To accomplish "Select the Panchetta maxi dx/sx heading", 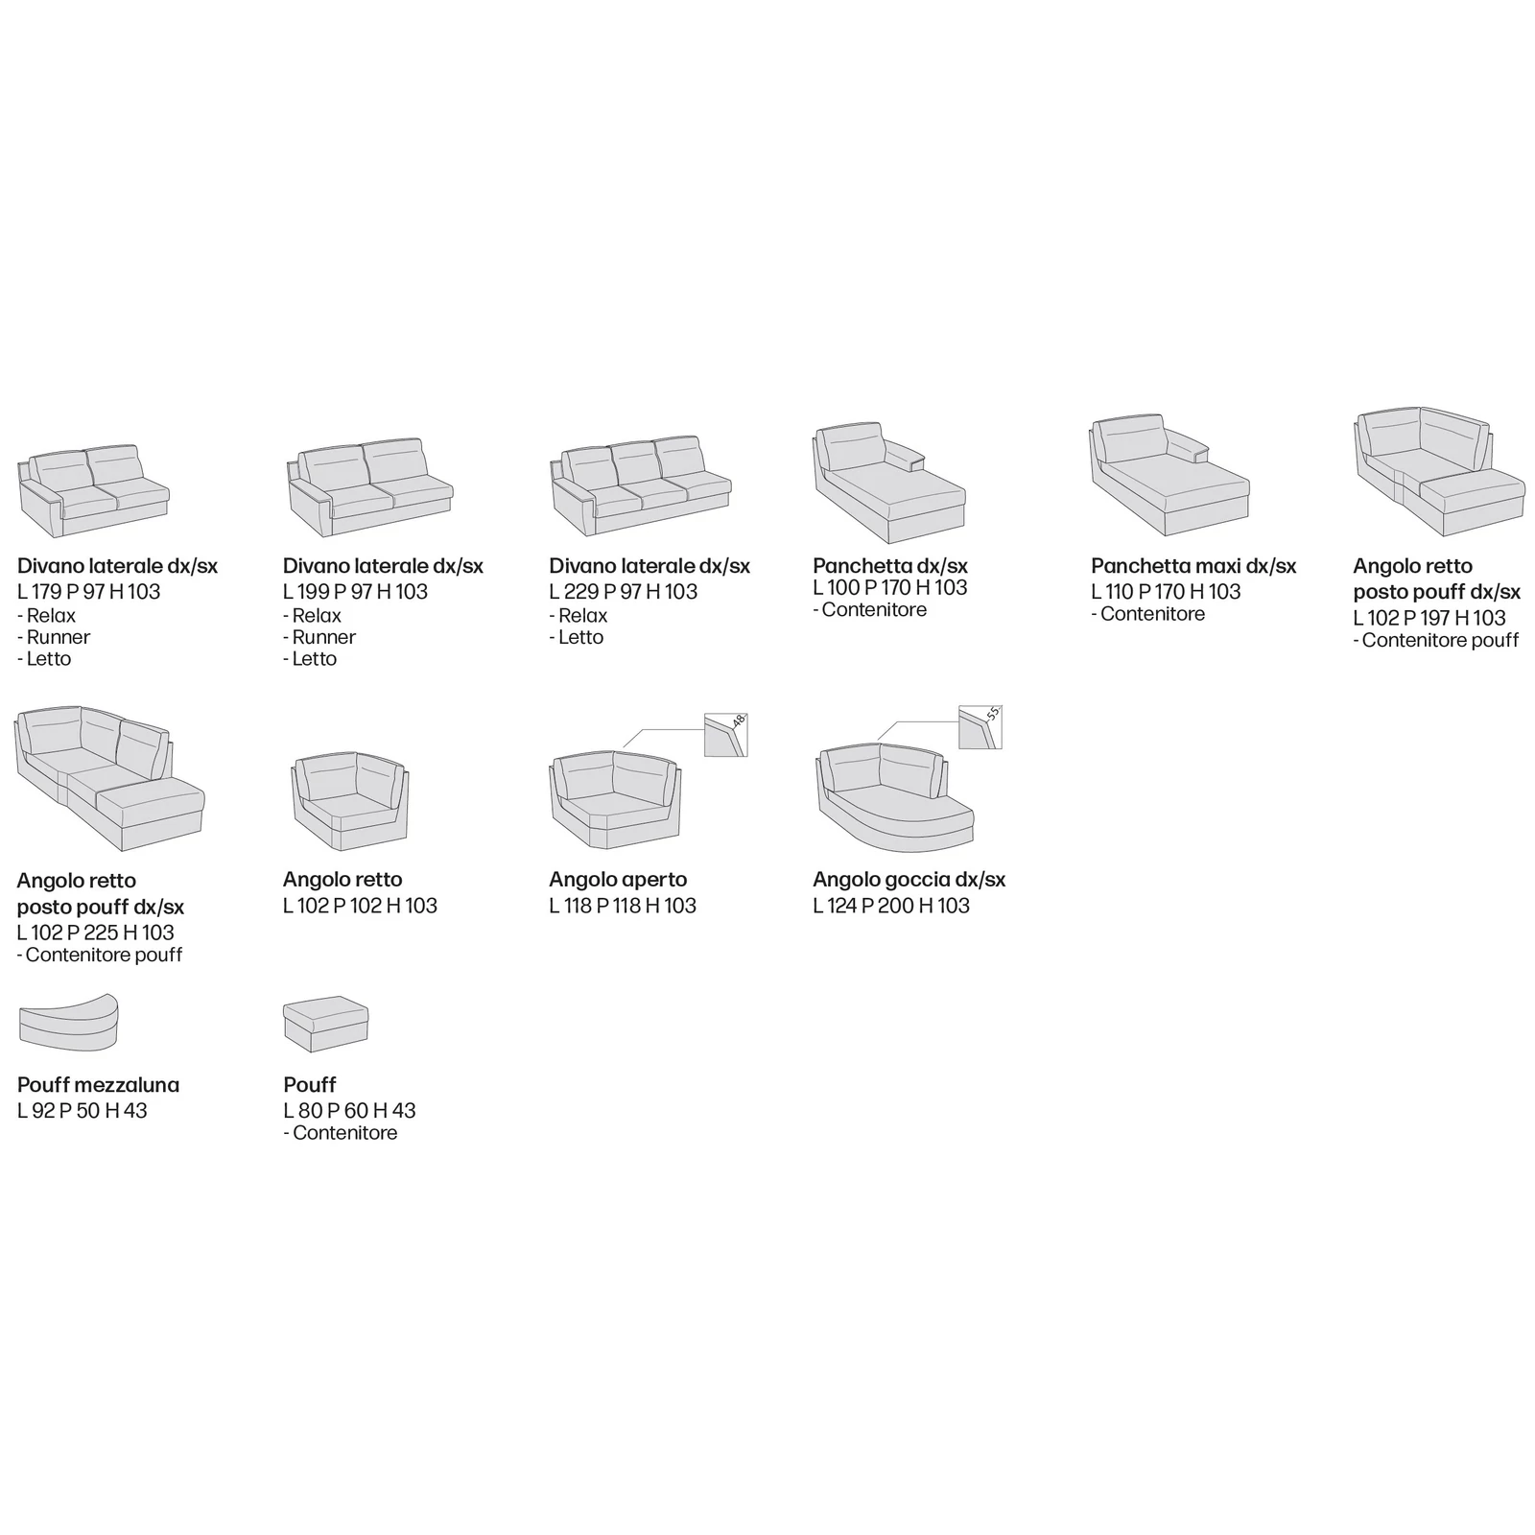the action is (x=1193, y=566).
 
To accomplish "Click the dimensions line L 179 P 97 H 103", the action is (x=88, y=592).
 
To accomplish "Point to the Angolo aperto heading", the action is (x=618, y=880).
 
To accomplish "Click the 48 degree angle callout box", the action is (x=726, y=735).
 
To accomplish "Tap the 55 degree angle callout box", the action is (x=980, y=727).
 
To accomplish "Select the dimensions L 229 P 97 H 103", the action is (x=624, y=592).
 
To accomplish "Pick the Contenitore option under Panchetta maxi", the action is (x=1147, y=614).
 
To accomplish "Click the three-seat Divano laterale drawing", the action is (x=641, y=488).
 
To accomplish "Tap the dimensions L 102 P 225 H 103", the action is (x=96, y=933).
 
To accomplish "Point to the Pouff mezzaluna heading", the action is (x=99, y=1085).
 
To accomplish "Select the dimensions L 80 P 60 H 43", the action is (x=350, y=1111).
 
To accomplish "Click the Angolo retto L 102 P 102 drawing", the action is (x=350, y=802).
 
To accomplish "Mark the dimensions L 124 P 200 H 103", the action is (x=891, y=906).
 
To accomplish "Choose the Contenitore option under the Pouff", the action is (x=341, y=1133).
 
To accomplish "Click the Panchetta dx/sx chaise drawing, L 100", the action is (x=889, y=484).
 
